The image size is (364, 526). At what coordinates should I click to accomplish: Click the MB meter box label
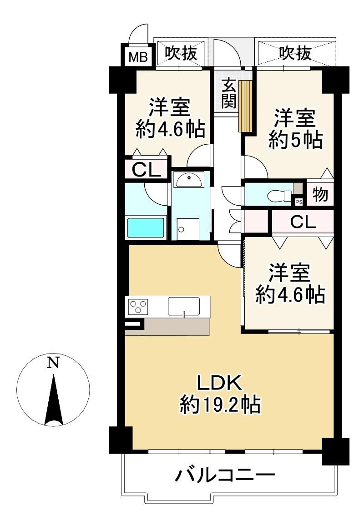[x=138, y=57]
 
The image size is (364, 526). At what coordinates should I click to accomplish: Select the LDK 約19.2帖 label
[x=220, y=394]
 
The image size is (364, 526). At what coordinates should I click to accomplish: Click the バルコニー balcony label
[x=225, y=475]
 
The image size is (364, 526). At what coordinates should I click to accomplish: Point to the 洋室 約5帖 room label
[x=295, y=128]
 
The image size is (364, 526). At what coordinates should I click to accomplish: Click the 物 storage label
[x=320, y=194]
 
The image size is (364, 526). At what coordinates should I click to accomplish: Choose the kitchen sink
[x=184, y=306]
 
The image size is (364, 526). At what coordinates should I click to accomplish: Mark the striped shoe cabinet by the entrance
[x=245, y=106]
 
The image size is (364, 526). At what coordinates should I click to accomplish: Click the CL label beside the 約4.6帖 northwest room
[x=146, y=170]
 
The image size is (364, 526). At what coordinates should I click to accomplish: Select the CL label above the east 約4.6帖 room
[x=303, y=222]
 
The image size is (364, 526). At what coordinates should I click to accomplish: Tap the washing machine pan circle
[x=182, y=229]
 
